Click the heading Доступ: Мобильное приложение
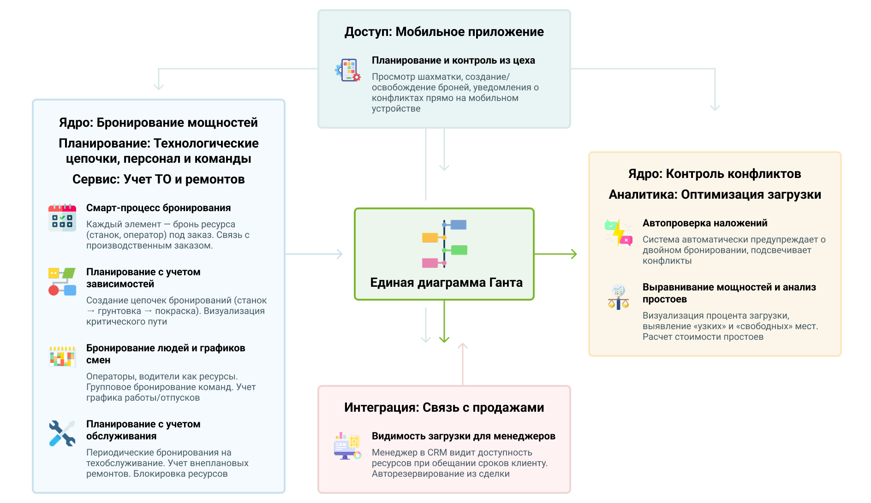pos(444,32)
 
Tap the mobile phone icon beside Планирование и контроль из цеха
pos(348,70)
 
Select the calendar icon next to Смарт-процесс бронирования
pos(62,218)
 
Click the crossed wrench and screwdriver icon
pos(62,433)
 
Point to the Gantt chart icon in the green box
pos(444,244)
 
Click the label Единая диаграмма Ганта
pos(446,283)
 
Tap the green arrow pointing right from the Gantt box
pos(556,254)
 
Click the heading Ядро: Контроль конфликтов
pos(714,174)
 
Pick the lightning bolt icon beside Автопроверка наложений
pos(618,232)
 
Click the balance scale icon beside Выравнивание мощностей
pos(618,297)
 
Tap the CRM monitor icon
pos(347,446)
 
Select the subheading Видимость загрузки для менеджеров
pos(463,436)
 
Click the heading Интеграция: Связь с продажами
pos(444,408)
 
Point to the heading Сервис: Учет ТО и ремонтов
pos(158,179)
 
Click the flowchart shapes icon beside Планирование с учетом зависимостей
pos(62,281)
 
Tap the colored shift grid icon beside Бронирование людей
pos(62,357)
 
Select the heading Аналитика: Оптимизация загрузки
pos(715,195)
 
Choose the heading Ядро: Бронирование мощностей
pos(158,123)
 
